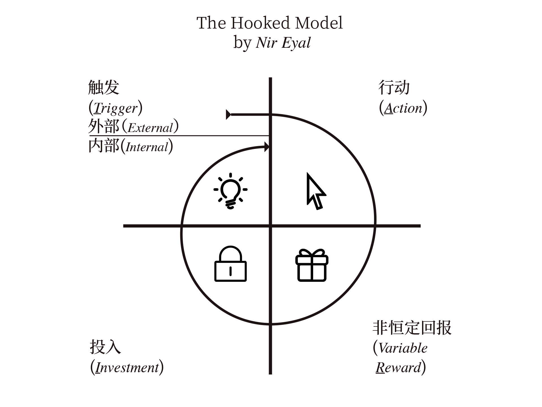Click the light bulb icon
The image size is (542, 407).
pos(231,191)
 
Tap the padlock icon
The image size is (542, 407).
pos(231,264)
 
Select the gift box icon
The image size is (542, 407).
pos(312,265)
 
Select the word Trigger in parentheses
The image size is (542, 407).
pos(116,108)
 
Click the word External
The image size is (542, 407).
pos(150,128)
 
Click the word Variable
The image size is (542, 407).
pos(403,348)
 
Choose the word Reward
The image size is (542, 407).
pos(398,368)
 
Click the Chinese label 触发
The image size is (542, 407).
pos(104,87)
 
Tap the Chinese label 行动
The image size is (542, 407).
pos(394,87)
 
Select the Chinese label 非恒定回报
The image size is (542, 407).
pos(412,328)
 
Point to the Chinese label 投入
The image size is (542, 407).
pos(105,347)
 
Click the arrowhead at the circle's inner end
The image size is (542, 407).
pos(266,147)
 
